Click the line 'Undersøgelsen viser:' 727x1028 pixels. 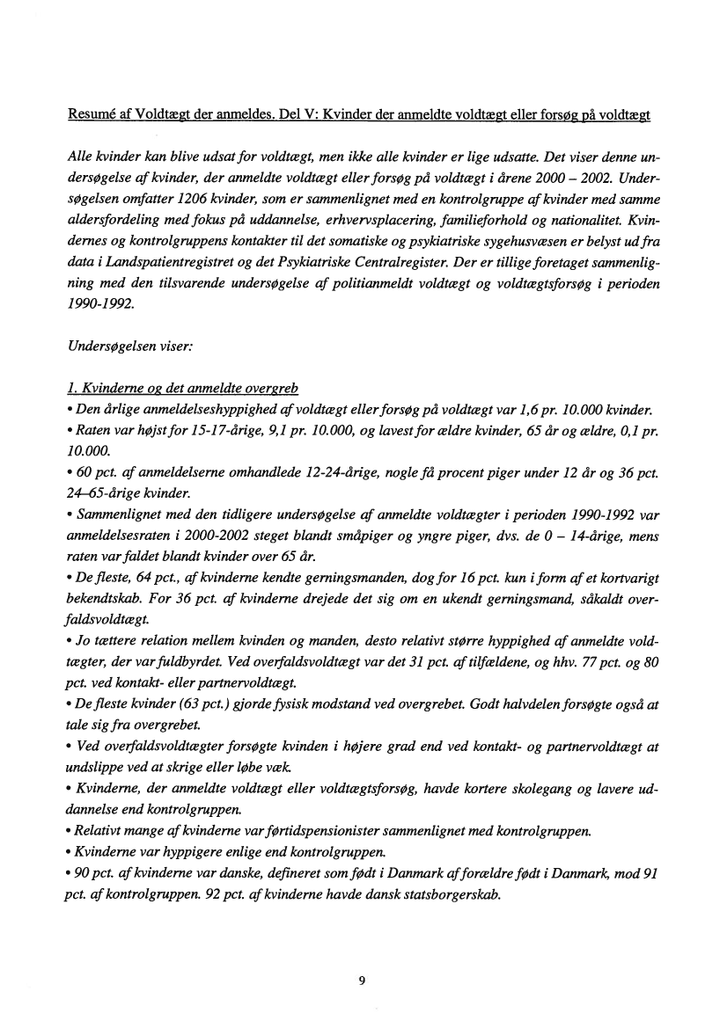click(x=123, y=347)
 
